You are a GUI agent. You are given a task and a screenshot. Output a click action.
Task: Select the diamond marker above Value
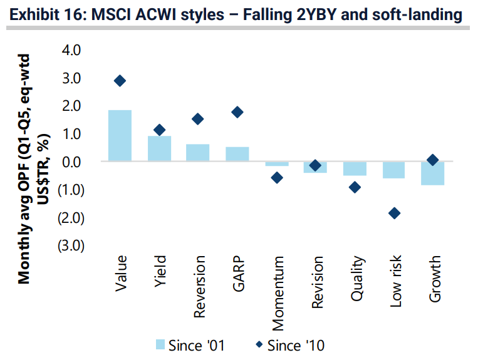pos(120,81)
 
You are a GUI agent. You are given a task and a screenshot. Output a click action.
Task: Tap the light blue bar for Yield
pos(159,148)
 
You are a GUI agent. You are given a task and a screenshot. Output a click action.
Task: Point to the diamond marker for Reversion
pos(198,119)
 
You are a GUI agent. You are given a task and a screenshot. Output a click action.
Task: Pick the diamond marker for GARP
pos(237,112)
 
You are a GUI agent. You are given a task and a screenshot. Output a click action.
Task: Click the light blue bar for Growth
pos(433,173)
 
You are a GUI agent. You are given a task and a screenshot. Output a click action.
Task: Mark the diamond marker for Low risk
pos(394,213)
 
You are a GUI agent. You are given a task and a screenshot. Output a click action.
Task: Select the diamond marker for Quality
pos(355,187)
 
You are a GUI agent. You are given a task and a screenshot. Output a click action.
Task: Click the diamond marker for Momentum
pos(277,178)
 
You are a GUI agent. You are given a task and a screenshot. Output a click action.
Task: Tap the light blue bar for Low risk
pos(394,170)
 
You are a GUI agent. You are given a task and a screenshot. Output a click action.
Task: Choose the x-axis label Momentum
pos(278,292)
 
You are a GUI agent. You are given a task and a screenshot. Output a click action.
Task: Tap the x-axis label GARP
pos(239,274)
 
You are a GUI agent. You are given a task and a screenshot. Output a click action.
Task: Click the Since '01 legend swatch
pos(160,344)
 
